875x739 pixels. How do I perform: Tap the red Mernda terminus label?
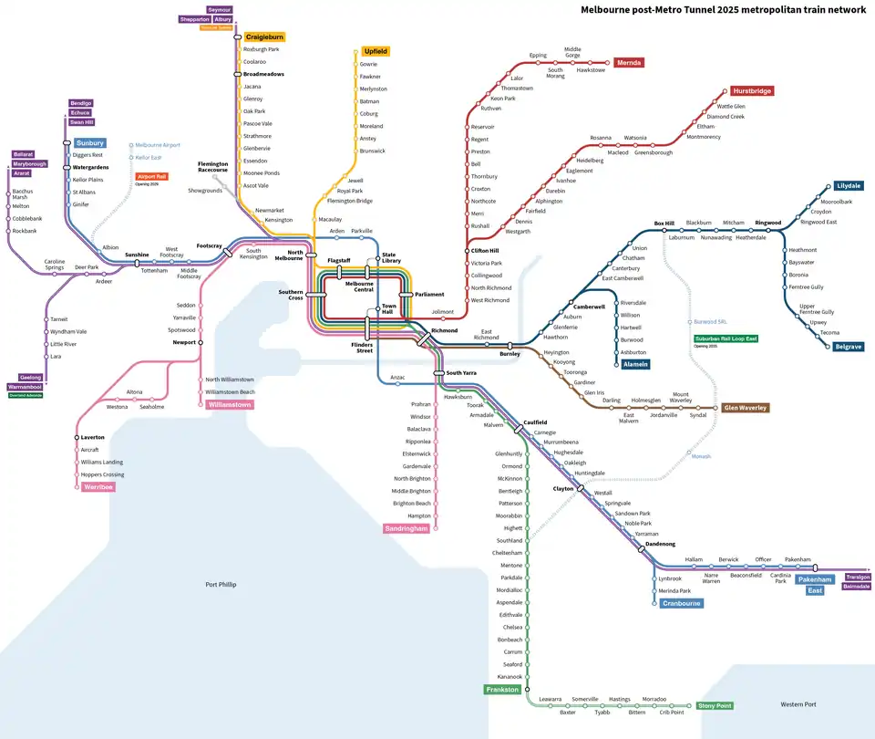629,63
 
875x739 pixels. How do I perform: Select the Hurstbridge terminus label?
751,91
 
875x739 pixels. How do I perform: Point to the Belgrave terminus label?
848,347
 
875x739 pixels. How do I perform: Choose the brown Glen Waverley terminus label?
745,408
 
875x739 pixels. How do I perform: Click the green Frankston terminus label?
502,690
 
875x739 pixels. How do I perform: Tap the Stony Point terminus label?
715,705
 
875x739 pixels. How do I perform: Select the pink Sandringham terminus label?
406,528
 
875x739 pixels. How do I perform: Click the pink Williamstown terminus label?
231,404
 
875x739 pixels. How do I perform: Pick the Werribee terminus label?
98,487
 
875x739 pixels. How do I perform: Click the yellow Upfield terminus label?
376,51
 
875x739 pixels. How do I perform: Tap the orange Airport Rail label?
151,177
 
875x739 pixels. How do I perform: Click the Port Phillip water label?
221,584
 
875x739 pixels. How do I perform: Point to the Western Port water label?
798,704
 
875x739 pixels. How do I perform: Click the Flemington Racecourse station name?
213,167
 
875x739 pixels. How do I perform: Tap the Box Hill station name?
664,223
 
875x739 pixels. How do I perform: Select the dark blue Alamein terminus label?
635,364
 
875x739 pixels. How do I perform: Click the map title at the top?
724,11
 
